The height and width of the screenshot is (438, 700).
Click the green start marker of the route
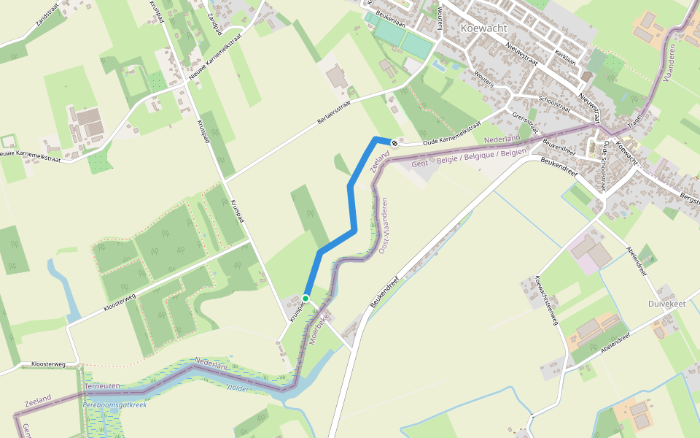click(x=306, y=298)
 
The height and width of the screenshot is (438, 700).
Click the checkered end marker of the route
click(x=394, y=143)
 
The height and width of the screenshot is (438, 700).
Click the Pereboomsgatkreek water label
click(x=114, y=404)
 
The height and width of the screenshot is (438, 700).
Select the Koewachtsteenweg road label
click(x=546, y=300)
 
